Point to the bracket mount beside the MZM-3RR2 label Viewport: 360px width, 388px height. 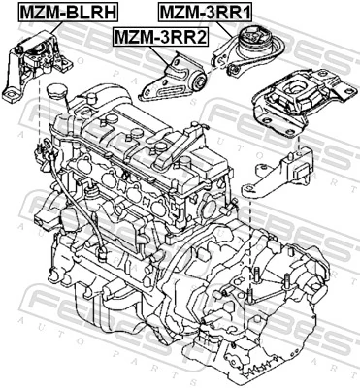[x=176, y=82]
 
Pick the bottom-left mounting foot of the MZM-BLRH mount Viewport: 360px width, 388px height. [x=10, y=94]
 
